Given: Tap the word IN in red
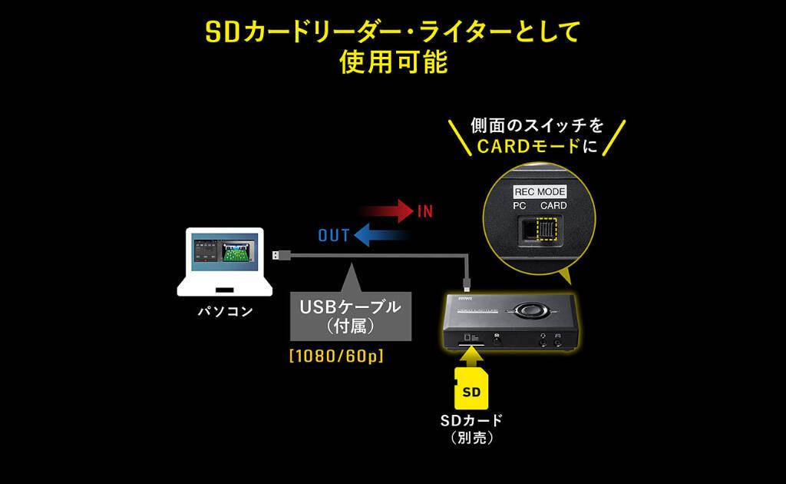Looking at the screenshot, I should (x=425, y=211).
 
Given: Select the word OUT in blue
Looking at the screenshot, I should (x=334, y=236).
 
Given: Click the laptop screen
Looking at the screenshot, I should (x=225, y=252).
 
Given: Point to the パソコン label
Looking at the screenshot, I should (x=225, y=312).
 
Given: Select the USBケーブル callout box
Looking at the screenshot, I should (x=349, y=315).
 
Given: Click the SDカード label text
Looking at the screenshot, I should (x=471, y=420).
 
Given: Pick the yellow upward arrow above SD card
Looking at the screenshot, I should (x=471, y=354).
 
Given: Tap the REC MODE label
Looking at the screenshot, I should (x=540, y=191).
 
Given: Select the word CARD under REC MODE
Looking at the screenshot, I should (x=553, y=205).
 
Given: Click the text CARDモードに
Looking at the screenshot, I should (x=537, y=145).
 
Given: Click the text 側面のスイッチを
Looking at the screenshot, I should (x=537, y=124).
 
